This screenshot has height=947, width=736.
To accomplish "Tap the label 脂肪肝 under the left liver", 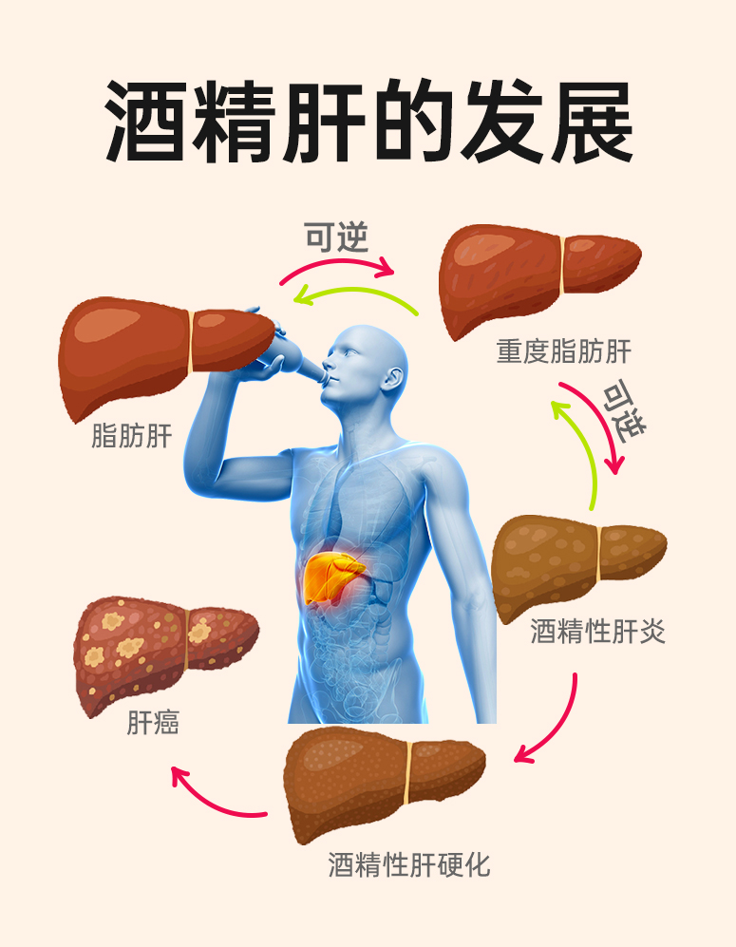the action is point(131,437).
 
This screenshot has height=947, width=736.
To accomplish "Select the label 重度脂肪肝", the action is point(563,352).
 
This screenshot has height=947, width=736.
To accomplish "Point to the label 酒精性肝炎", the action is point(597,632).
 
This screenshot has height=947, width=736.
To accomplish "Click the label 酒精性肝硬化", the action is point(409,865).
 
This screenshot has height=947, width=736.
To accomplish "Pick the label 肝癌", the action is point(153,724).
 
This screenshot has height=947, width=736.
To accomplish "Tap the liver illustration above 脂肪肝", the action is point(161,351).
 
